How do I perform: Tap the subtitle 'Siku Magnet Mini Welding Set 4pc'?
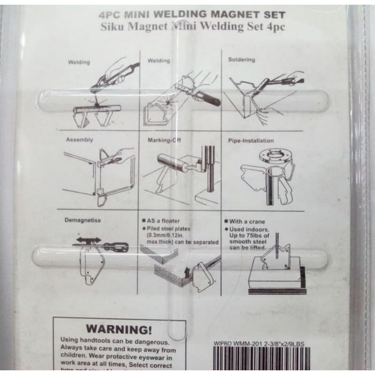[193, 27]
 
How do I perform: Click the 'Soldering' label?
[241, 60]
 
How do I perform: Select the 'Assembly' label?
[79, 140]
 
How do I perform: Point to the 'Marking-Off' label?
[164, 140]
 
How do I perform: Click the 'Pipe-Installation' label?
[251, 141]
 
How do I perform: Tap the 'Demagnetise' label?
[83, 220]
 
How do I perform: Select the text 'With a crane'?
[247, 222]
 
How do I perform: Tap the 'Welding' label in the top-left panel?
[79, 62]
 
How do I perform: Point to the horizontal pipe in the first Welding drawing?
[96, 110]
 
